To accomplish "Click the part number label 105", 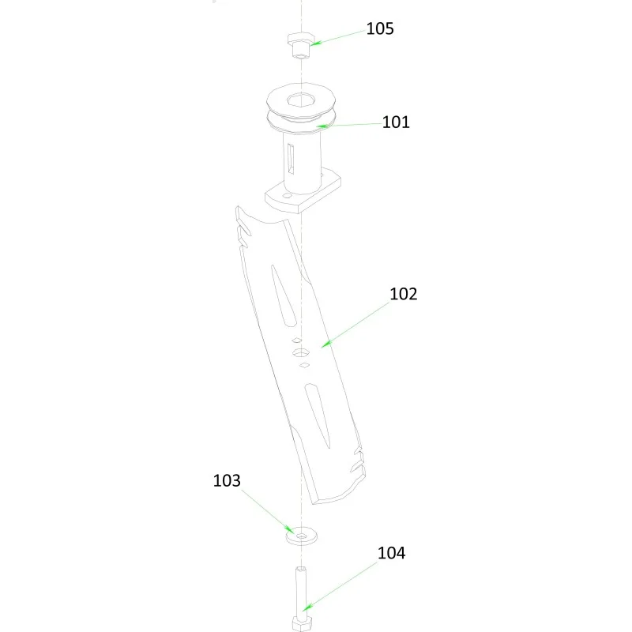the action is [380, 28].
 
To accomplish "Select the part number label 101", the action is [396, 122].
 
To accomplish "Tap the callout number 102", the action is [403, 294].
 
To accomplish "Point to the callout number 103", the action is [227, 480].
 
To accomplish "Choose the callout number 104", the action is [391, 553].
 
